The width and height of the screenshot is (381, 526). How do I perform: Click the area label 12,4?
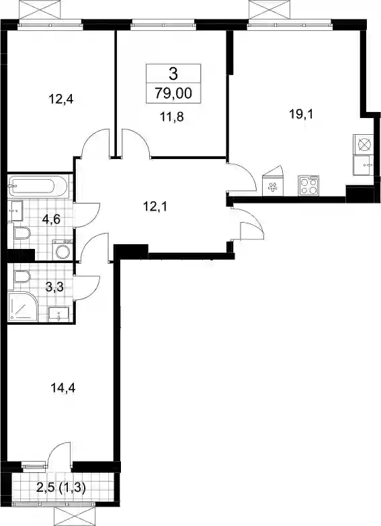tap(61, 99)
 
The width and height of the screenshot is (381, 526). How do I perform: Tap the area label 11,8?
tap(171, 117)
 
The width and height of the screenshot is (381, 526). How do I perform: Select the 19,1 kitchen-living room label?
tap(301, 114)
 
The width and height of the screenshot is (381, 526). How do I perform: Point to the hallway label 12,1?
tap(155, 207)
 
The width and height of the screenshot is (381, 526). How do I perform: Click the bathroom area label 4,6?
tap(51, 220)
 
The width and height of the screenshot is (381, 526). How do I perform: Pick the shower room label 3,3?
tap(55, 287)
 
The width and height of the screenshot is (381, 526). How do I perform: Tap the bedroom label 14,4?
tap(63, 388)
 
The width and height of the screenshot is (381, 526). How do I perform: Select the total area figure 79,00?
tap(173, 93)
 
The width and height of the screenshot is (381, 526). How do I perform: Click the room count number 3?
tap(173, 74)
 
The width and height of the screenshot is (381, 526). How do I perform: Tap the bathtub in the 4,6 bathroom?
tap(37, 187)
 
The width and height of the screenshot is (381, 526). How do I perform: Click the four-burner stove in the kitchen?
tap(309, 185)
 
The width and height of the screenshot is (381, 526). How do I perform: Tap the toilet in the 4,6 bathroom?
tap(22, 232)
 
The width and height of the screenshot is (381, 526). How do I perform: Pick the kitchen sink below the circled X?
tap(363, 165)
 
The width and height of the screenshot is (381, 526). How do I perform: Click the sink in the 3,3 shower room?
tap(59, 314)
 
